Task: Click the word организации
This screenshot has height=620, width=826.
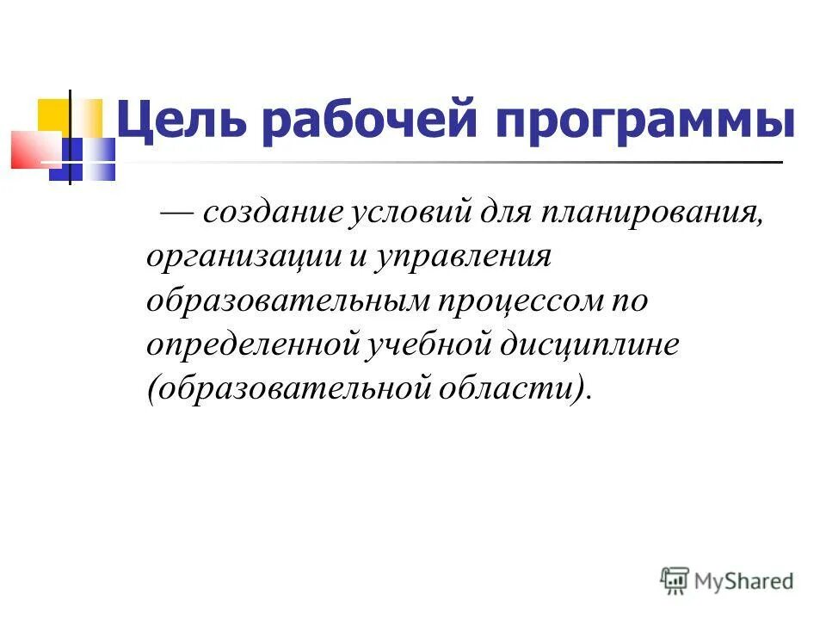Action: pyautogui.click(x=243, y=257)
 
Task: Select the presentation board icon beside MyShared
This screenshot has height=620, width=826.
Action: pyautogui.click(x=675, y=580)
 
